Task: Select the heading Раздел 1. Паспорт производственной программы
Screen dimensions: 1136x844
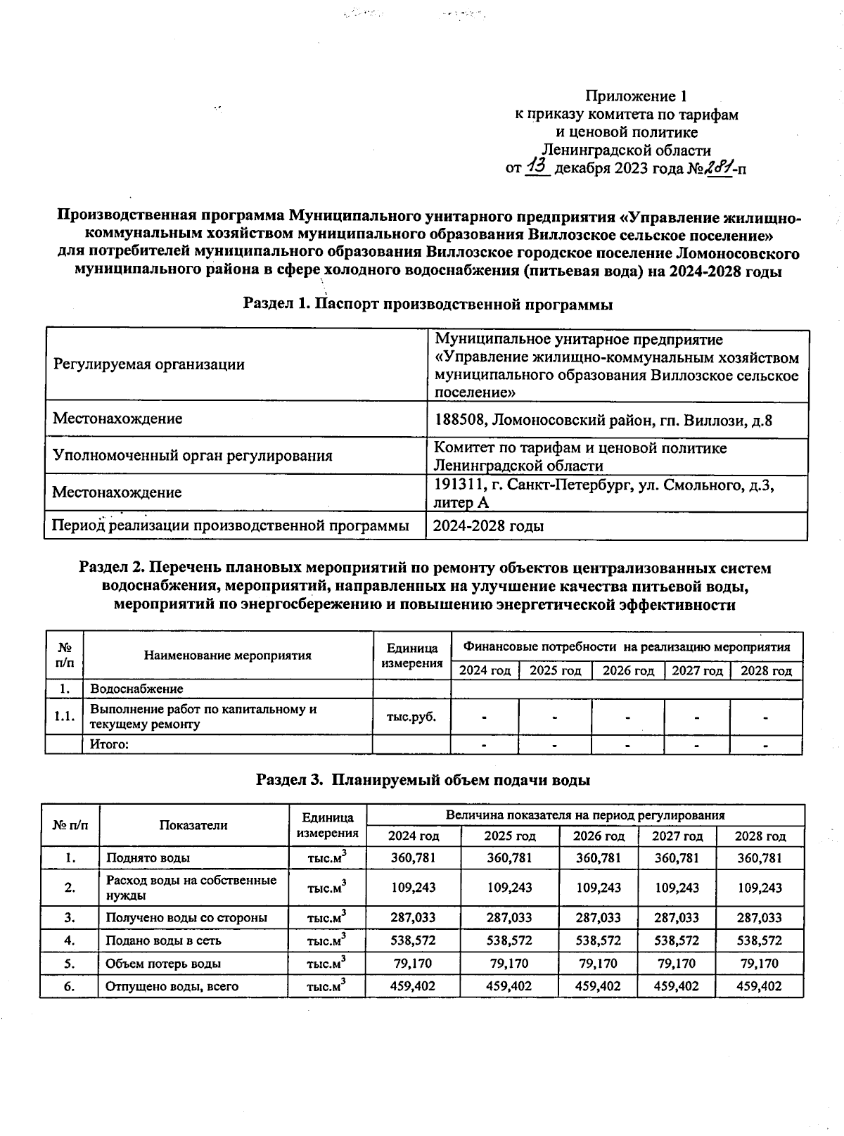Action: [428, 305]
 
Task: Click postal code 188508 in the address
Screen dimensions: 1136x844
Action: [460, 421]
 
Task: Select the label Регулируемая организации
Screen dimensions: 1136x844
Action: [148, 364]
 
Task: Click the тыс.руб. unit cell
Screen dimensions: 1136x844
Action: [411, 717]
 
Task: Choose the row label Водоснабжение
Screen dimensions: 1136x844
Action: [136, 689]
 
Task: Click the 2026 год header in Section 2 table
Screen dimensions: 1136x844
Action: [627, 670]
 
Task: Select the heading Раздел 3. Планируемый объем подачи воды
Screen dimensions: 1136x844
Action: [422, 779]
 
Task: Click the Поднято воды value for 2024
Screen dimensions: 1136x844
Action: [413, 857]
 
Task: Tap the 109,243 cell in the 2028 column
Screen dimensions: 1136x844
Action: [760, 888]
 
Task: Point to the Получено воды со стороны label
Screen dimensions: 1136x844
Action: [186, 917]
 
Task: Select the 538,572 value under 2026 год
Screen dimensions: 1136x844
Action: [598, 940]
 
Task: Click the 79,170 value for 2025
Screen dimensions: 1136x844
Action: [509, 963]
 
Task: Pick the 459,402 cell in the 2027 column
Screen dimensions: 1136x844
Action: [677, 986]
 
